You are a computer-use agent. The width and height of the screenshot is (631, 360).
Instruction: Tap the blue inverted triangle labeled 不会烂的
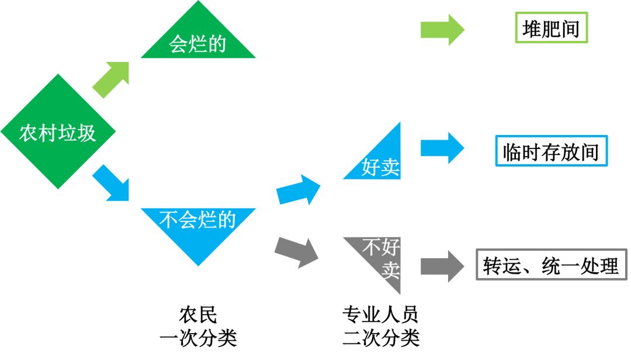pyautogui.click(x=198, y=225)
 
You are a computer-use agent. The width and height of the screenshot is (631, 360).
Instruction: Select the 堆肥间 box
pyautogui.click(x=550, y=28)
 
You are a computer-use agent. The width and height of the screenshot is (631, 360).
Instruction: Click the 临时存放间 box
pyautogui.click(x=551, y=151)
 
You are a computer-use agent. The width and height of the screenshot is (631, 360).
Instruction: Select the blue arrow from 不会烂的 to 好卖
pyautogui.click(x=299, y=188)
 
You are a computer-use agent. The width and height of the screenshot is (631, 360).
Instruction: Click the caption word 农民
pyautogui.click(x=198, y=314)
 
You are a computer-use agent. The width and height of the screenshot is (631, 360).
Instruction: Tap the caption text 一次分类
pyautogui.click(x=198, y=338)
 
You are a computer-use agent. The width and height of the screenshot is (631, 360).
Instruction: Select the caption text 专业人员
pyautogui.click(x=380, y=314)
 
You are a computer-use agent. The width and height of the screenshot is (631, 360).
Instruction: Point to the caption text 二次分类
pyautogui.click(x=380, y=338)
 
